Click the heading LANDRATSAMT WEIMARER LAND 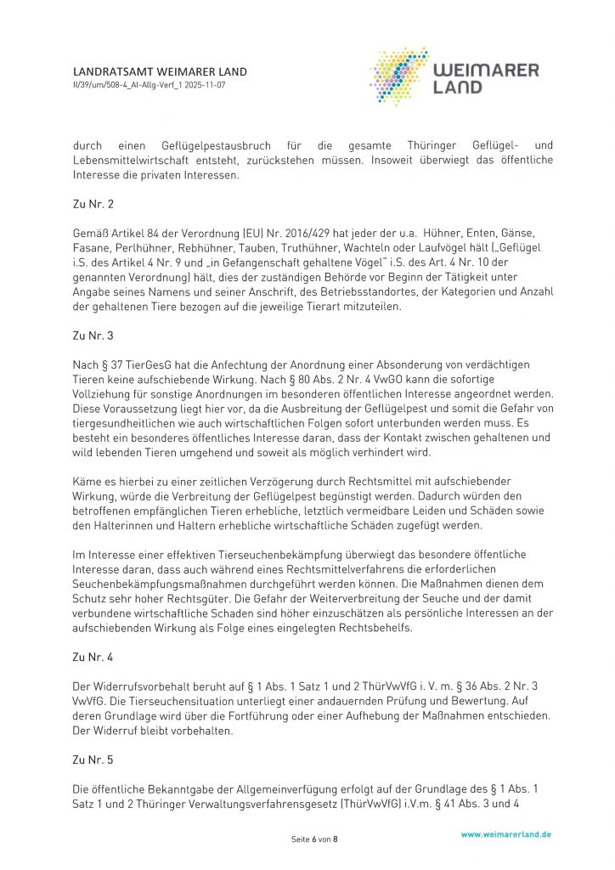160,72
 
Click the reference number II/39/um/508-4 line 150,86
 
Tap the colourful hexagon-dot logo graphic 400,76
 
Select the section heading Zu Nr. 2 93,205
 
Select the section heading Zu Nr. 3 93,336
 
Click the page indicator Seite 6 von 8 314,839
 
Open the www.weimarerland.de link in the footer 505,834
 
